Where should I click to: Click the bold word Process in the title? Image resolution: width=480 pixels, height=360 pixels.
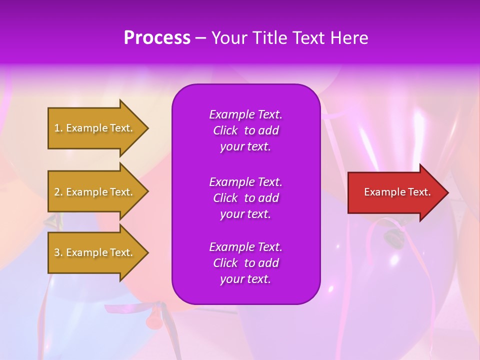157,38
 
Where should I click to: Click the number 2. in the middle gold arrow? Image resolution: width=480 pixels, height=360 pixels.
58,192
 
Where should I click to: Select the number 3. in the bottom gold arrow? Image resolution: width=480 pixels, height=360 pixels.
58,252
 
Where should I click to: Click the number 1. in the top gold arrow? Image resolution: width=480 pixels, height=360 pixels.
58,128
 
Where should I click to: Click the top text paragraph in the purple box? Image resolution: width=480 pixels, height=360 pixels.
245,130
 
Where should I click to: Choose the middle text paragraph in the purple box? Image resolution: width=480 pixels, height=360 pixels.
245,198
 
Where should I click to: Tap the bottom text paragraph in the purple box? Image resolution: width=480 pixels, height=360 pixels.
245,263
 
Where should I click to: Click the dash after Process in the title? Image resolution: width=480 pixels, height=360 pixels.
200,38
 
